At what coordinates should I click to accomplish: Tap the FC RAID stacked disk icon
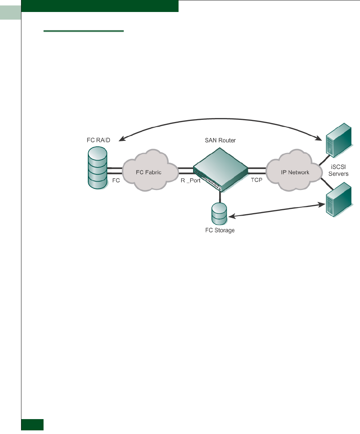pyautogui.click(x=98, y=167)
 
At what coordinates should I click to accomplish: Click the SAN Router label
pyautogui.click(x=220, y=140)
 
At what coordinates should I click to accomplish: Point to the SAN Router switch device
pyautogui.click(x=220, y=171)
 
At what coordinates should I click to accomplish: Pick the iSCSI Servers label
pyautogui.click(x=338, y=171)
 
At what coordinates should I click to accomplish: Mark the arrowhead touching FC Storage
pyautogui.click(x=231, y=217)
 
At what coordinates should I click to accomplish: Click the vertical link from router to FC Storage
pyautogui.click(x=220, y=197)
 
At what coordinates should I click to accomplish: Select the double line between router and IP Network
pyautogui.click(x=257, y=171)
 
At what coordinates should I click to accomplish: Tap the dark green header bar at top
pyautogui.click(x=100, y=6)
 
